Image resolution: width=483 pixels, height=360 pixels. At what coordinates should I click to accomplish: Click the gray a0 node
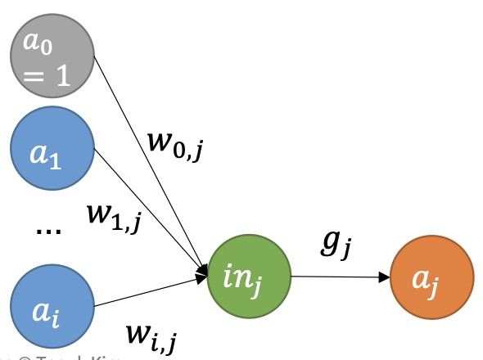(x=52, y=55)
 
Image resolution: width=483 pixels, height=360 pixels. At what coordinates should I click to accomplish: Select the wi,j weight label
(x=152, y=333)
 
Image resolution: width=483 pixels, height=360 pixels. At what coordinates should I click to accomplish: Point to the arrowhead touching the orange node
(x=385, y=277)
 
